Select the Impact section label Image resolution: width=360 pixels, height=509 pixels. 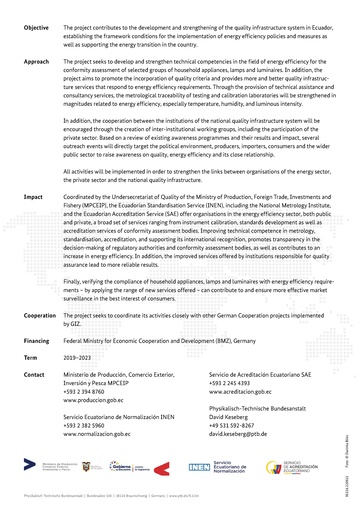[33, 184]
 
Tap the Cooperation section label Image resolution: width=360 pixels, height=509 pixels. [40, 315]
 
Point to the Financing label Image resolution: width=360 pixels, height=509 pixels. [38, 340]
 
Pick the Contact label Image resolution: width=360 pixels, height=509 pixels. [34, 373]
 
